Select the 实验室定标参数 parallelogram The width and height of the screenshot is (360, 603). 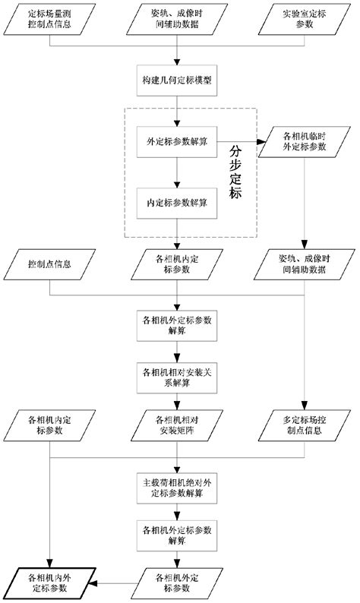click(x=303, y=20)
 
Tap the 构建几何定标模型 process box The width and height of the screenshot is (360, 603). click(x=178, y=81)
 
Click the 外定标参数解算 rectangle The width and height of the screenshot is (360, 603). click(x=178, y=142)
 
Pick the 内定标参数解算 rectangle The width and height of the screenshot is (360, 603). click(x=178, y=203)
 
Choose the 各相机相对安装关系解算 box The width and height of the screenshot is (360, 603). click(x=178, y=377)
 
